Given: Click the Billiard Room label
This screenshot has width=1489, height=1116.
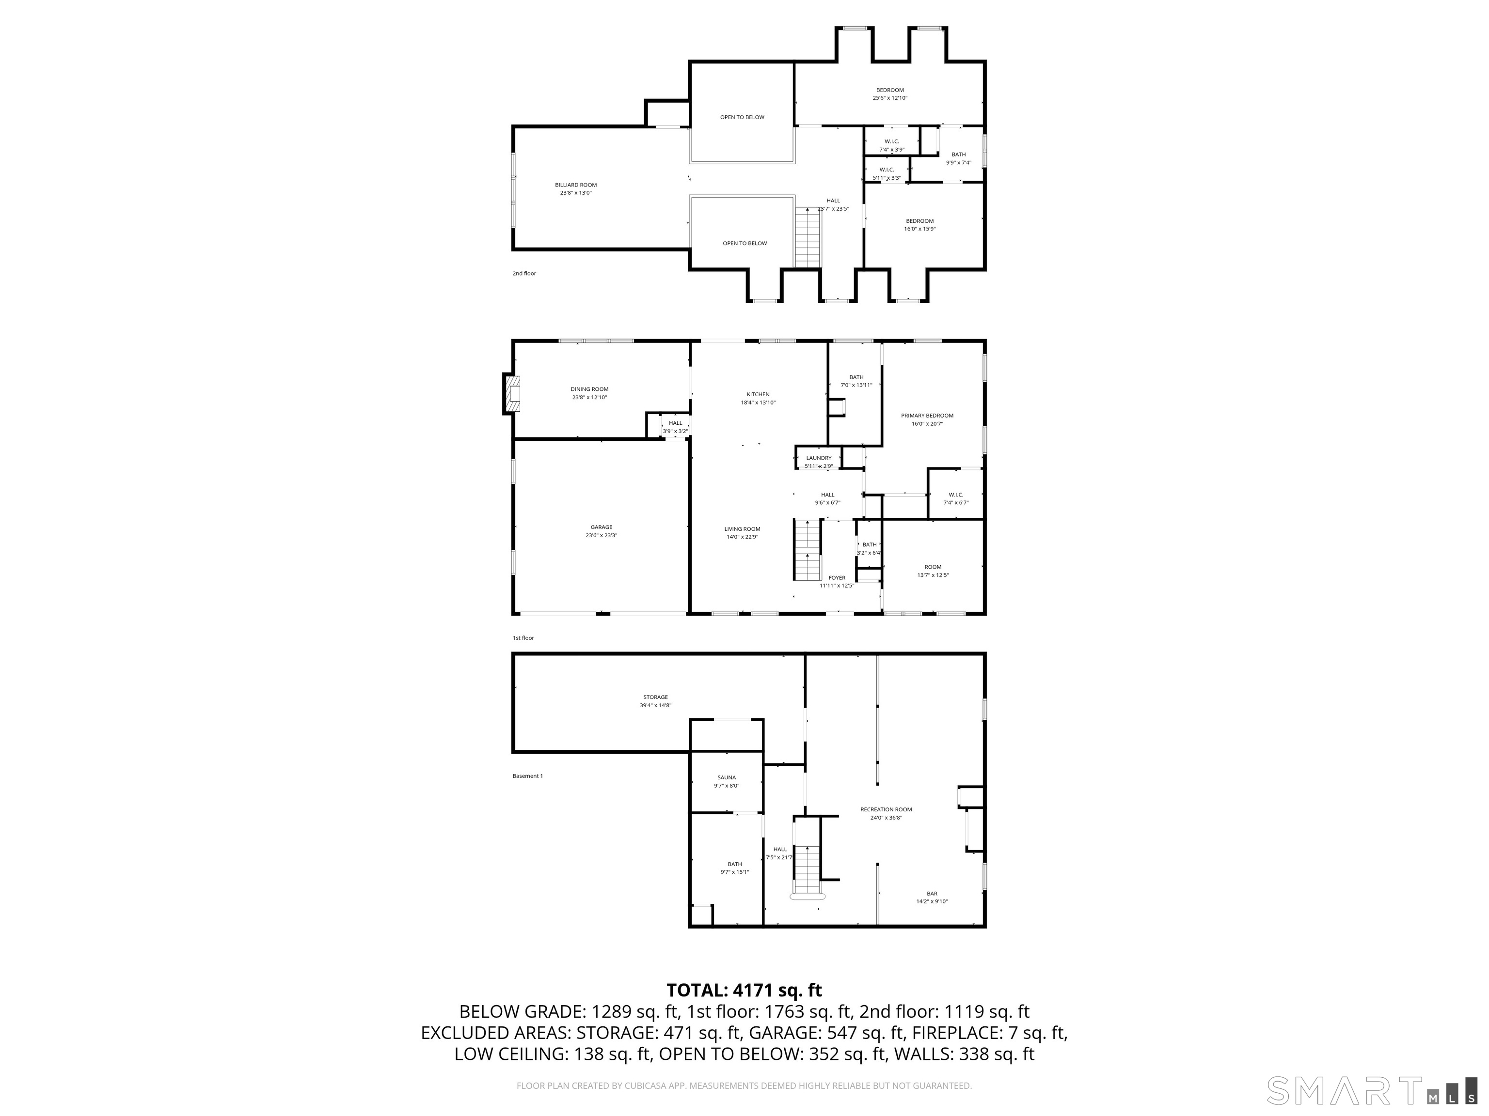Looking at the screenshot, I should [575, 185].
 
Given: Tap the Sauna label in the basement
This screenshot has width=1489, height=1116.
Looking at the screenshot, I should [727, 777].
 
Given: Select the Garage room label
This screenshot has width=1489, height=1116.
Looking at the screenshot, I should [601, 527].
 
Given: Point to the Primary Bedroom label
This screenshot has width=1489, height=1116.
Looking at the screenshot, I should [927, 416].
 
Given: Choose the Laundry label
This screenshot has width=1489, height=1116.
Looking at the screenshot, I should [819, 458].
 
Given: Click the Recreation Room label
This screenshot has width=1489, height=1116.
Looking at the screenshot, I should [886, 809].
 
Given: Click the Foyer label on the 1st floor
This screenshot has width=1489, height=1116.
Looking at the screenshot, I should [837, 578].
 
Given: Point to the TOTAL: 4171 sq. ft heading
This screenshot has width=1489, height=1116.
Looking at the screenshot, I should [744, 990].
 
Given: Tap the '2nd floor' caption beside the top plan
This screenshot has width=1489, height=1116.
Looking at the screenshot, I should [523, 274].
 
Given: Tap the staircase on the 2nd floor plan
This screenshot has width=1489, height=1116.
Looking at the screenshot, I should [808, 237].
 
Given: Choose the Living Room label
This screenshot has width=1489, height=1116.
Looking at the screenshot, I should [742, 529].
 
